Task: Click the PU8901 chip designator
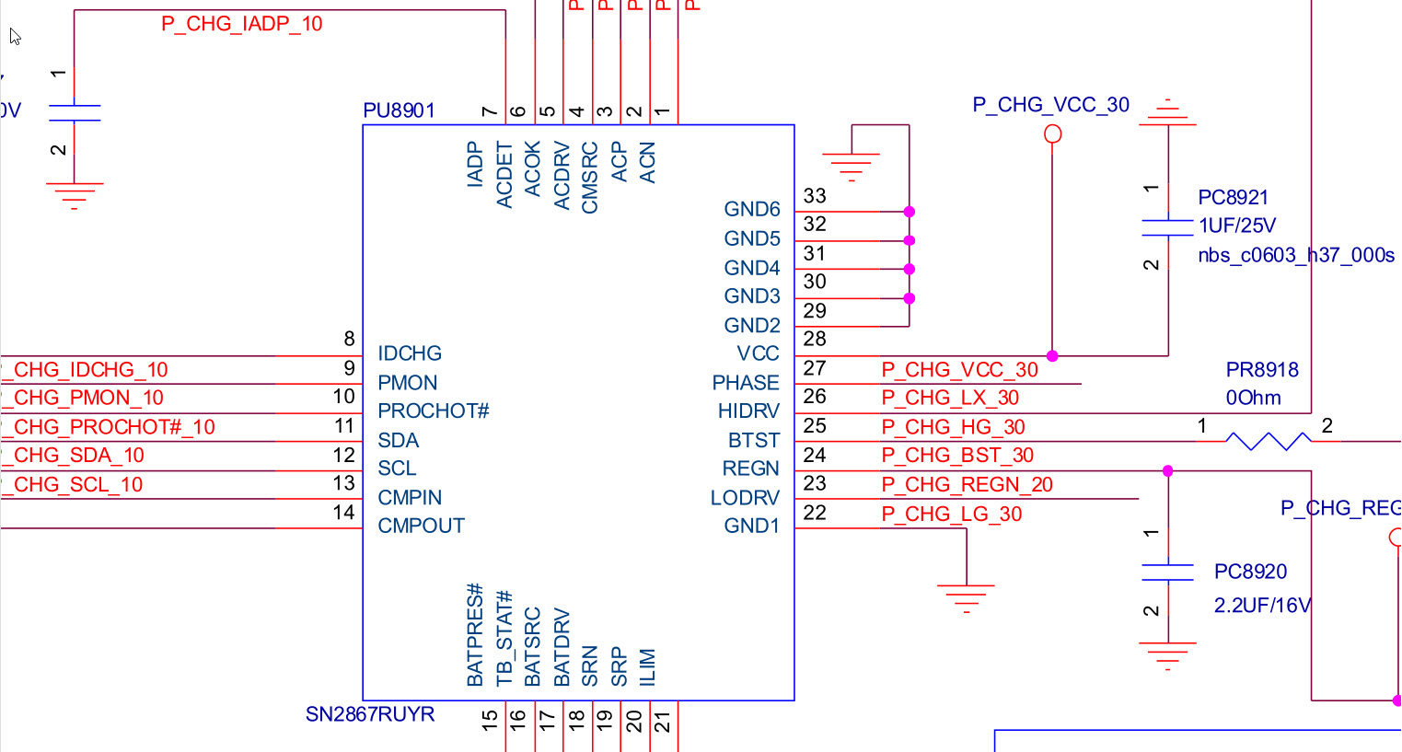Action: click(x=399, y=111)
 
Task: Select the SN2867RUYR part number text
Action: click(x=370, y=715)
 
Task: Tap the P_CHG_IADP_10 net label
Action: click(x=241, y=24)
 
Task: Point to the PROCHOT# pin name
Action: click(x=433, y=411)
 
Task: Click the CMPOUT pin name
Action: click(x=421, y=526)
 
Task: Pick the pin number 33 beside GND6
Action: click(x=815, y=196)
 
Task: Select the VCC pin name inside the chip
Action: click(x=758, y=354)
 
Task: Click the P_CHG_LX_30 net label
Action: click(x=950, y=399)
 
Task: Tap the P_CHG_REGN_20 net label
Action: click(x=967, y=485)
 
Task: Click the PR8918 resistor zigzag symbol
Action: click(x=1269, y=441)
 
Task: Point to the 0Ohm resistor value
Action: click(x=1253, y=399)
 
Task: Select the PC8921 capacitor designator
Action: click(x=1233, y=198)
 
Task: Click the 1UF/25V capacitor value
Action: click(x=1236, y=226)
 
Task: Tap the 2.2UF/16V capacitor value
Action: click(x=1262, y=606)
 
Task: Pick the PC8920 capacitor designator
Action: click(x=1250, y=573)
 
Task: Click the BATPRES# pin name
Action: click(x=475, y=635)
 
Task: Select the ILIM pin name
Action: click(x=647, y=667)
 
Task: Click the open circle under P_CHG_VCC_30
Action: click(x=1052, y=134)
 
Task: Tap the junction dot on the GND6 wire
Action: click(x=909, y=212)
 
